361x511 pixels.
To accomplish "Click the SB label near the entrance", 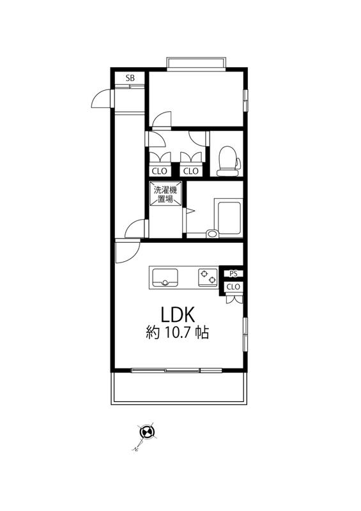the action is (130, 78).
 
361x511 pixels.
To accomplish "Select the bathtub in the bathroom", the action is (229, 217).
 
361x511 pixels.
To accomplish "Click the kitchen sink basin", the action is (165, 278).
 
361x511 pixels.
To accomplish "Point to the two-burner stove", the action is (208, 277).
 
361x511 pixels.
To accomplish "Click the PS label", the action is (233, 274).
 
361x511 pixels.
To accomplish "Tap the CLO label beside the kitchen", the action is (233, 287).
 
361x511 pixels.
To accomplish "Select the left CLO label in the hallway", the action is (160, 171).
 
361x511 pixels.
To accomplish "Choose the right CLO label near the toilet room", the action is (190, 171).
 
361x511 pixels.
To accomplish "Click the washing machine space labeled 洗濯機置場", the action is (165, 194).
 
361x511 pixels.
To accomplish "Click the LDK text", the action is (178, 314).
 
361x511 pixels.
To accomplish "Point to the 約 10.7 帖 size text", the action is (177, 332).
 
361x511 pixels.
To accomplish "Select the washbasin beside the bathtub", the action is (212, 233).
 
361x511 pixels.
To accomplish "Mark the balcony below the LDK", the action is (179, 388).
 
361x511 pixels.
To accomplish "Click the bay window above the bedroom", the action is (196, 63).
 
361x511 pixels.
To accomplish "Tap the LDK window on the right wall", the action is (245, 334).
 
